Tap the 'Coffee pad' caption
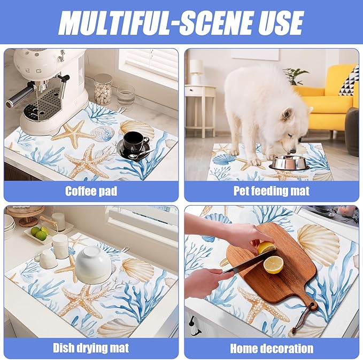91,191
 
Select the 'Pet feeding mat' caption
271,191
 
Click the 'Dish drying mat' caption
91,348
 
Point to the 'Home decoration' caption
271,348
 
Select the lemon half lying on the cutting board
274,264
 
